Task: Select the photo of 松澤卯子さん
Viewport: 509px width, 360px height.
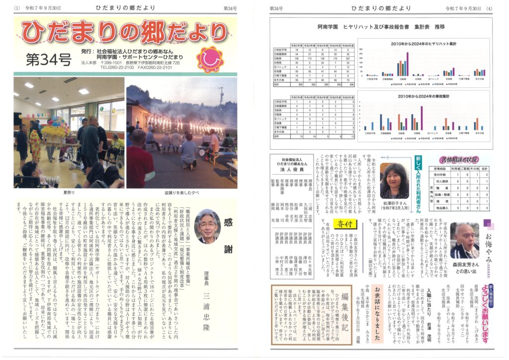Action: point(394,180)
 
